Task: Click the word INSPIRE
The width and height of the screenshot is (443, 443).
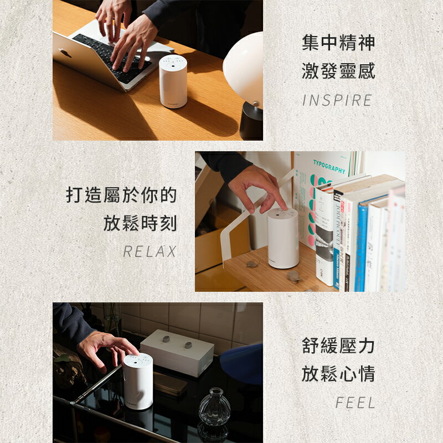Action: click(337, 101)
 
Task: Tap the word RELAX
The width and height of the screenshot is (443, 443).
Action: click(150, 252)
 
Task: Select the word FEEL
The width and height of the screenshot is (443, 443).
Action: click(355, 403)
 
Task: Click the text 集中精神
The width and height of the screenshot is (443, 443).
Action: click(338, 43)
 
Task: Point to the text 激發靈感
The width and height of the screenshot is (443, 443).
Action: click(338, 71)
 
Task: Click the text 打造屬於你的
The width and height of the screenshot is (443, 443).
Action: click(122, 195)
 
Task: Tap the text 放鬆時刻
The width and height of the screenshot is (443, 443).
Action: click(140, 224)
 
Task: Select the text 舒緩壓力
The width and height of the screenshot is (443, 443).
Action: click(338, 346)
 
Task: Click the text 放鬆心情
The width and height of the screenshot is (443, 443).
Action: click(338, 374)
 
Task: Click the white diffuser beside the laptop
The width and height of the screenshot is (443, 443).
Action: click(173, 81)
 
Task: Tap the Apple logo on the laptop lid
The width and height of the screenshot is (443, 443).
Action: click(65, 53)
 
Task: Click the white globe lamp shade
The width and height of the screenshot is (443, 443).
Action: click(245, 66)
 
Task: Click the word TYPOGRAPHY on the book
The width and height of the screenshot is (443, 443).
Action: click(329, 166)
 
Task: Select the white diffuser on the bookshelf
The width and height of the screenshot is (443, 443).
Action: click(283, 238)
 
